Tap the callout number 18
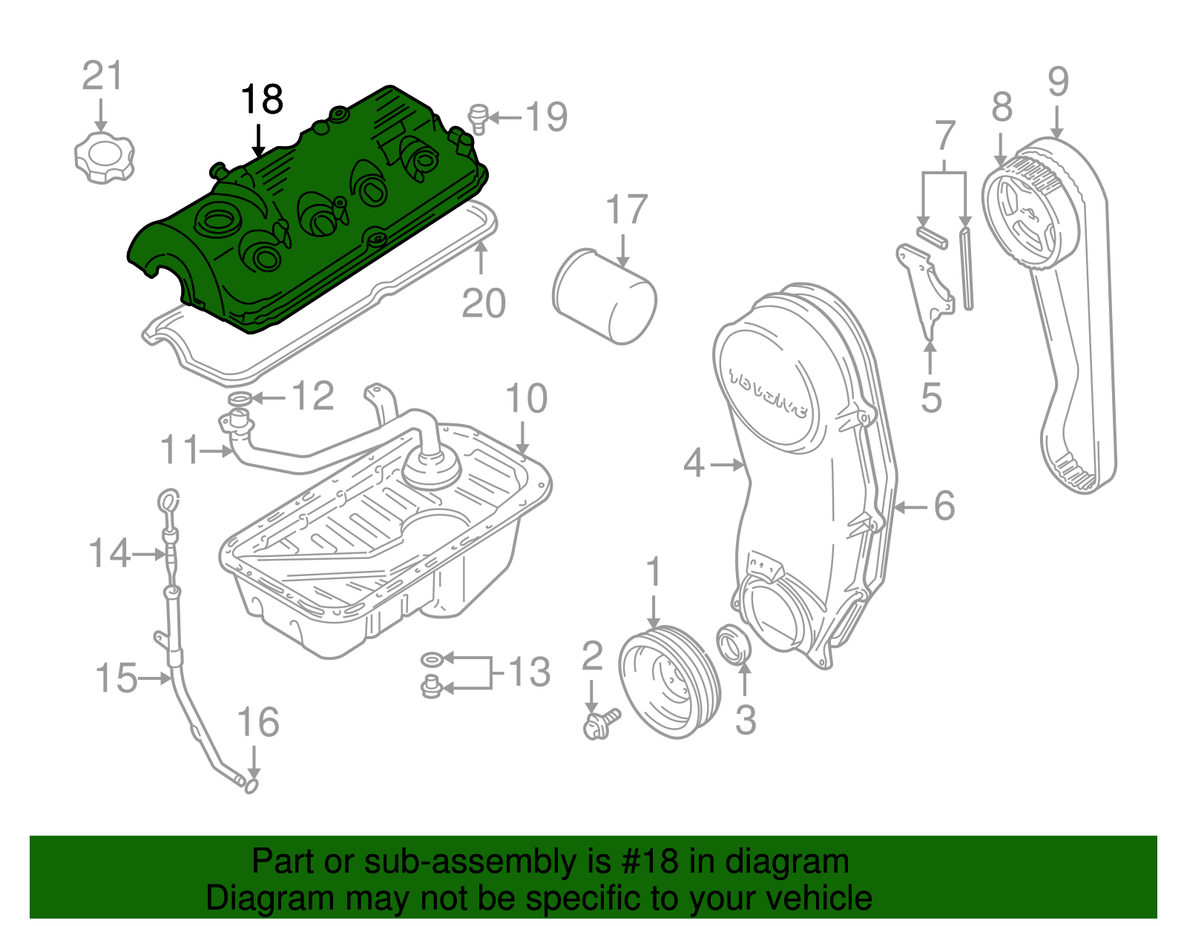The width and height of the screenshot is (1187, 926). click(262, 99)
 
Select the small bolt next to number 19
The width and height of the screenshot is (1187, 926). click(479, 119)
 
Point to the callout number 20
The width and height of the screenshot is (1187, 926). click(483, 303)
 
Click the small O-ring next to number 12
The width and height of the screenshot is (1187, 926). click(239, 400)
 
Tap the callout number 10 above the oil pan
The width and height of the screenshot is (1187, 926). click(526, 399)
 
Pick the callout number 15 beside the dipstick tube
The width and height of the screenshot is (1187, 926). click(116, 678)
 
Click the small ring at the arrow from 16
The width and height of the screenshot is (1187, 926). click(251, 784)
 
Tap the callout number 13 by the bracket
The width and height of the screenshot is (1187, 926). click(529, 672)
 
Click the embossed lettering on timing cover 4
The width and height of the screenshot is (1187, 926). click(768, 393)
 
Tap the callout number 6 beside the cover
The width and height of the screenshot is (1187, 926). click(944, 506)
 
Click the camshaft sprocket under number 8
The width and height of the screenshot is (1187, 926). click(1024, 215)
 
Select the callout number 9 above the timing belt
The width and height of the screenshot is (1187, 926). click(1058, 82)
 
